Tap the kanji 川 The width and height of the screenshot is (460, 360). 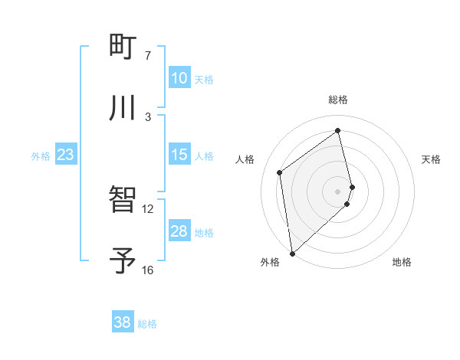(123, 107)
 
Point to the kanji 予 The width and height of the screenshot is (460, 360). (123, 260)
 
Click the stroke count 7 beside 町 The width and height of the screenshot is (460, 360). (148, 55)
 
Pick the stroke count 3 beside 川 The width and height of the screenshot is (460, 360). (148, 116)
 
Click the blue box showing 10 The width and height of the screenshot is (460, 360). (179, 78)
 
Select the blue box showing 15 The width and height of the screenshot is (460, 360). (179, 155)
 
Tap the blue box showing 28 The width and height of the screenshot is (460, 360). (179, 231)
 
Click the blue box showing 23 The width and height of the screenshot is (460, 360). (65, 155)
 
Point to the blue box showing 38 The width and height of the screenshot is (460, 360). (122, 322)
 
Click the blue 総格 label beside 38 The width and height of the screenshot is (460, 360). (147, 324)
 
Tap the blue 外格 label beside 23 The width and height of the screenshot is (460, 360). (41, 156)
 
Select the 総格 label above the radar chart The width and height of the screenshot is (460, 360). (338, 100)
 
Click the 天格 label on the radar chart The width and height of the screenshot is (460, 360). (432, 159)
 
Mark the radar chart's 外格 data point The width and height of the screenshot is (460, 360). (291, 253)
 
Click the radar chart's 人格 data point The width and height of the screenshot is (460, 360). (280, 172)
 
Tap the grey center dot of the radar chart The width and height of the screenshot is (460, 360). (338, 191)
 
